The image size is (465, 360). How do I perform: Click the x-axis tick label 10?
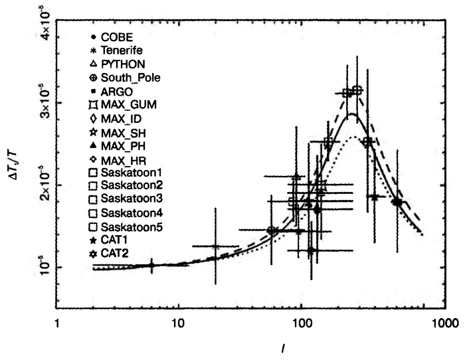[x=177, y=323]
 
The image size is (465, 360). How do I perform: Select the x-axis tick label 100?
[x=302, y=323]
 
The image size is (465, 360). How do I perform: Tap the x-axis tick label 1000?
[x=428, y=323]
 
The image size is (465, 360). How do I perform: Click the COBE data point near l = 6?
[x=152, y=265]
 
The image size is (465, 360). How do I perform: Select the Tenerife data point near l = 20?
[x=215, y=246]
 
